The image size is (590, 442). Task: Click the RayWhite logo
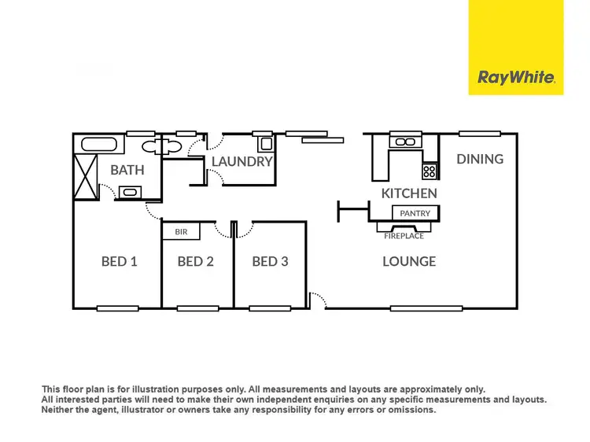click(516, 77)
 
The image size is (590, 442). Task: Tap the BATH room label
click(127, 170)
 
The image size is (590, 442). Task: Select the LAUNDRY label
click(242, 162)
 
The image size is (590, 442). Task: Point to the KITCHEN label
click(409, 193)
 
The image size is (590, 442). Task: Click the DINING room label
click(480, 159)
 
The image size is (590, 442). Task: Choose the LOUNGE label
click(409, 261)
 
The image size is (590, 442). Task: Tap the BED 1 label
click(120, 261)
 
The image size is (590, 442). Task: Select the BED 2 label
click(196, 261)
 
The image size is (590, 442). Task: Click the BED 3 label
click(270, 261)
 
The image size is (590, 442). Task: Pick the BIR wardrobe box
click(181, 232)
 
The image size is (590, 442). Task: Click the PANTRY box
click(415, 213)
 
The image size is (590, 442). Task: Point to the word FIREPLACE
click(404, 236)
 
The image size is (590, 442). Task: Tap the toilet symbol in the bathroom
click(164, 146)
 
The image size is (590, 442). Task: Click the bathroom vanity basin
click(128, 191)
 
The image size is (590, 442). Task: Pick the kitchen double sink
click(405, 142)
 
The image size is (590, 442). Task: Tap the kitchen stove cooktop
click(430, 170)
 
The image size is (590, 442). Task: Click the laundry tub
click(265, 144)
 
